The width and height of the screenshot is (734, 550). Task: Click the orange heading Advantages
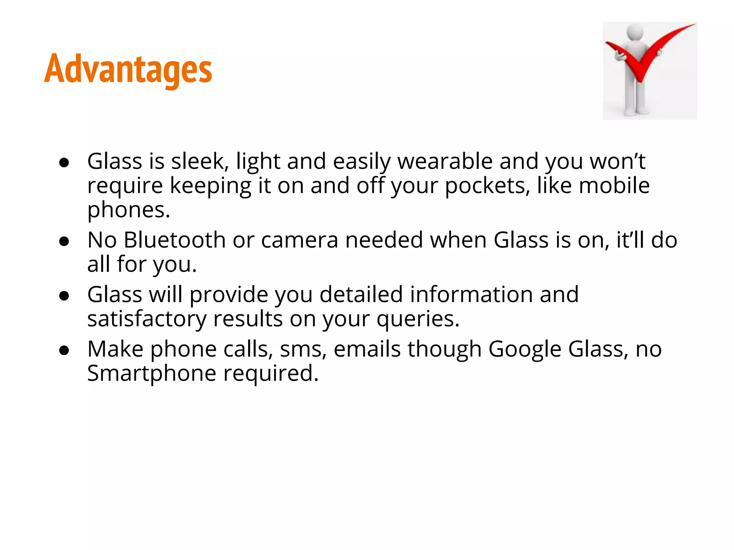(128, 69)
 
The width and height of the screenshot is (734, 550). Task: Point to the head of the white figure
(634, 31)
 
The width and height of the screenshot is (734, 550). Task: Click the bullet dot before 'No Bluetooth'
(64, 242)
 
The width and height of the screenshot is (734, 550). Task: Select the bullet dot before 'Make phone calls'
(64, 351)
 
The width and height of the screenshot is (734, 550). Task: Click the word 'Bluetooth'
(175, 240)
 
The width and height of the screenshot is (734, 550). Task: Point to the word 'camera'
(300, 240)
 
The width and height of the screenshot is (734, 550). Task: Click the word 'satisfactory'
(147, 319)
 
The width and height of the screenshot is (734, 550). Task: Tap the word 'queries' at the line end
(418, 319)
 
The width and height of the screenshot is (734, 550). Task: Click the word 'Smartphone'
(152, 373)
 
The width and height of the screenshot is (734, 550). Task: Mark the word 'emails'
(367, 349)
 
